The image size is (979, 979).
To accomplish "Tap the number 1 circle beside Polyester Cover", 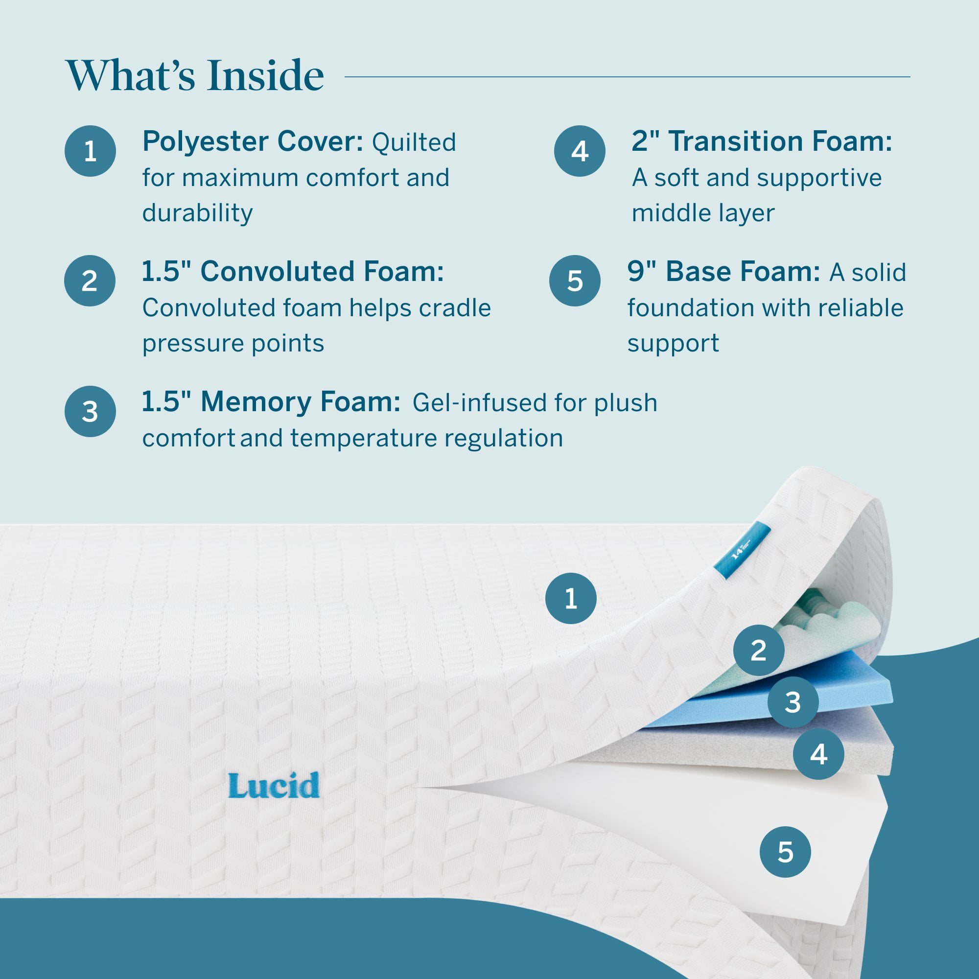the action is [x=90, y=151].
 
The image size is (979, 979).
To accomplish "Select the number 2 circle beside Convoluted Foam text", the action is [x=90, y=280].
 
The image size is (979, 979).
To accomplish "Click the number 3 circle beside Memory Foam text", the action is [x=90, y=412].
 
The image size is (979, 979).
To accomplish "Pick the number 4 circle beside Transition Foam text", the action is [x=580, y=151].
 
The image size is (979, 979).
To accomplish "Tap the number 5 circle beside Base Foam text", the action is [x=575, y=280].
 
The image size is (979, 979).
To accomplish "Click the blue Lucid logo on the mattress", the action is [x=274, y=786].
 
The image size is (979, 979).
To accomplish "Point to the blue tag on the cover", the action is [x=743, y=550].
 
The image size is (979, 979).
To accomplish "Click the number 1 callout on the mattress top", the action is [x=571, y=599].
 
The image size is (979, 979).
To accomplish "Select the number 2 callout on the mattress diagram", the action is [x=759, y=650].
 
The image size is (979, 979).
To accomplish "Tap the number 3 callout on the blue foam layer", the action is [x=793, y=702].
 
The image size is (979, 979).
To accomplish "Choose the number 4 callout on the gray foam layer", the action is [x=818, y=754].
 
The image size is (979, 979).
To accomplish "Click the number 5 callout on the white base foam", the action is [x=786, y=852].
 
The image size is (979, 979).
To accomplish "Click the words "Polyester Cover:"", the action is [x=253, y=141].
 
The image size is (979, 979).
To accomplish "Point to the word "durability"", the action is [x=197, y=213].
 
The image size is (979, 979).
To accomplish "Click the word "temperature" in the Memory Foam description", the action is [x=363, y=438].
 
